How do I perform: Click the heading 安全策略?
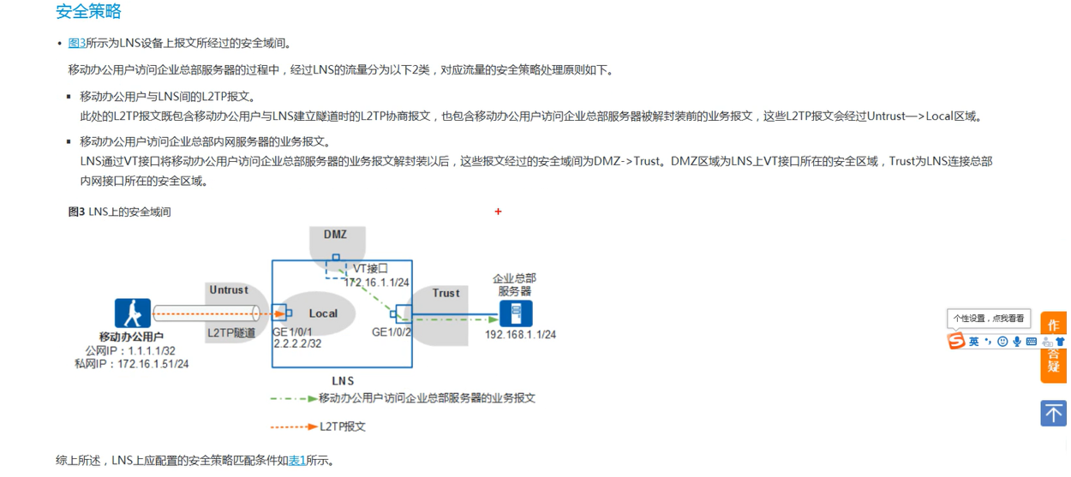tap(88, 12)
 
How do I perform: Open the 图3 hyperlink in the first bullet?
tap(76, 44)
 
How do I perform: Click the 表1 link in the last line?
tap(296, 461)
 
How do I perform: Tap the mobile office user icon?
tap(133, 313)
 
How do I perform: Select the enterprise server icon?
tap(516, 313)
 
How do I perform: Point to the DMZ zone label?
tap(335, 235)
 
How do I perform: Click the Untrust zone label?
tap(229, 290)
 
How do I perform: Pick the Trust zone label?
tap(446, 293)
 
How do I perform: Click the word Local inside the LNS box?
tap(323, 313)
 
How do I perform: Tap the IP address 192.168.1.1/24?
tap(520, 335)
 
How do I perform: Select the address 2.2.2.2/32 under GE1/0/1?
tap(298, 344)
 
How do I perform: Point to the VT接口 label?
tap(370, 269)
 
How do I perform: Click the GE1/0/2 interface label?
tap(392, 332)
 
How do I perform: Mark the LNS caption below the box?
tap(342, 381)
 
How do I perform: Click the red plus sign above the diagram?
tap(498, 212)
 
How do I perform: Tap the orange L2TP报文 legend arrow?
tap(294, 426)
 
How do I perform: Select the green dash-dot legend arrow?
tap(293, 398)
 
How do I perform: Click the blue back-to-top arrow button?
tap(1053, 413)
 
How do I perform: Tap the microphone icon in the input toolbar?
tap(1017, 342)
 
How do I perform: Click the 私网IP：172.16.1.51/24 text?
tap(132, 364)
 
